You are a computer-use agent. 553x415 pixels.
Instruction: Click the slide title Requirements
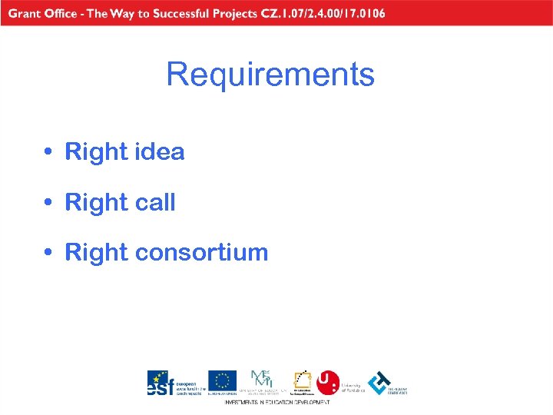[x=270, y=75]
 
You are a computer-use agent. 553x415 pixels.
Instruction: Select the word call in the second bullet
[x=155, y=203]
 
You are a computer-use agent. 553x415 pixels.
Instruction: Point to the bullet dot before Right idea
[x=48, y=152]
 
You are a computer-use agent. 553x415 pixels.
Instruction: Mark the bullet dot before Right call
[x=48, y=203]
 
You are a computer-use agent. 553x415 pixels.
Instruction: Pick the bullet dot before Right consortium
[x=48, y=253]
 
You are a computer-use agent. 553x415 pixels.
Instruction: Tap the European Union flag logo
[x=222, y=380]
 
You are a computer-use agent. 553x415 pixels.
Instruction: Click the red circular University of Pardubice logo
[x=328, y=381]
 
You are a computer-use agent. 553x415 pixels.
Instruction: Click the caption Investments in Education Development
[x=277, y=402]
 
